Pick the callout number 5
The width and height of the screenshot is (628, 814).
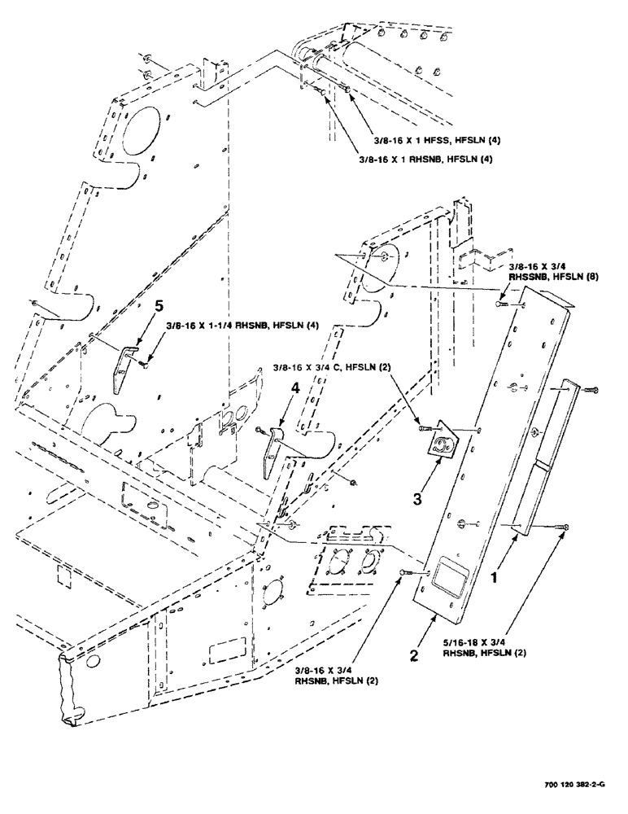click(159, 307)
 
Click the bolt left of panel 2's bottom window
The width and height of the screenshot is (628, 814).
click(404, 576)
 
